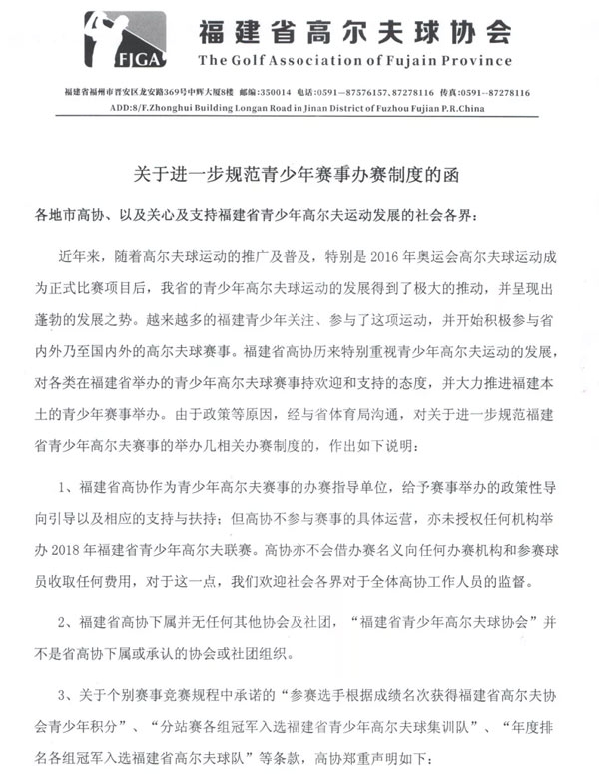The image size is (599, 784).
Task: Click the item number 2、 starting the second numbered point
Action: pyautogui.click(x=72, y=623)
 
